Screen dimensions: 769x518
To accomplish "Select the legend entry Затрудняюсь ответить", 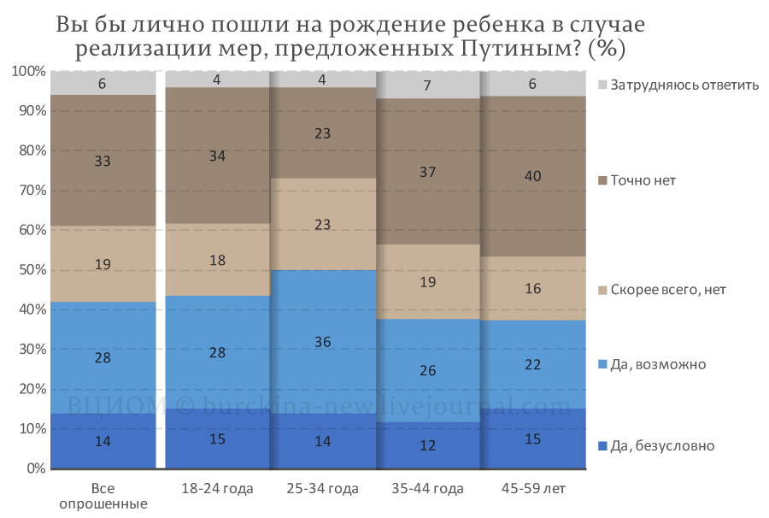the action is click(x=678, y=85).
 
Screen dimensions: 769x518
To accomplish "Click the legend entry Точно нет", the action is click(x=637, y=180).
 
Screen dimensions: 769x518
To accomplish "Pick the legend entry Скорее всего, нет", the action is click(x=662, y=290).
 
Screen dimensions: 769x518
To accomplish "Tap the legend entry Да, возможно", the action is click(x=652, y=364).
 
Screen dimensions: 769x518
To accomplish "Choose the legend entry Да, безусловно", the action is click(x=657, y=446).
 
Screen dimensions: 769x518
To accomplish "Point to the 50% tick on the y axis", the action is click(x=32, y=270).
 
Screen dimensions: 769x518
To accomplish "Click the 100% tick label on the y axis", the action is click(x=28, y=71).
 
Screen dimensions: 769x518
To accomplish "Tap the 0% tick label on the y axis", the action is click(x=36, y=468).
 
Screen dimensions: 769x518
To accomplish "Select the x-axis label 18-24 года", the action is click(x=217, y=489).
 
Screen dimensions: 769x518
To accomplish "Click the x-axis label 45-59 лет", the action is click(x=533, y=489).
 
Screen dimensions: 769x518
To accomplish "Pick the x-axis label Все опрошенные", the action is click(x=103, y=496).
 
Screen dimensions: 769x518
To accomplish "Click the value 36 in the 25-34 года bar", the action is click(x=323, y=342).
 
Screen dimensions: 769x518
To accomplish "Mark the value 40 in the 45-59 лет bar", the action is click(x=533, y=176).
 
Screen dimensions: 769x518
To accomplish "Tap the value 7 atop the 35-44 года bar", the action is click(x=428, y=85).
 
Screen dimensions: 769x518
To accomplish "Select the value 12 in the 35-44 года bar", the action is click(x=428, y=445).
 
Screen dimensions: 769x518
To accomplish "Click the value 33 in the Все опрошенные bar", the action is click(x=103, y=161).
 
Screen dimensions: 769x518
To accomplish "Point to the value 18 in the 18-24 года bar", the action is click(x=217, y=260).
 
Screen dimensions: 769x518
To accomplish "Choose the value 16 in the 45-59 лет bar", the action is click(x=533, y=288).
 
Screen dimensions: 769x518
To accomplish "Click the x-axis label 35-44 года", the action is click(x=428, y=489).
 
